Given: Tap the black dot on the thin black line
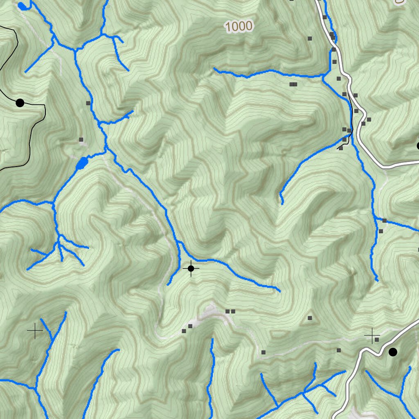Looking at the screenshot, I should pos(20,103).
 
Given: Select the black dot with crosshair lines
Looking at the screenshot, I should pos(191,268).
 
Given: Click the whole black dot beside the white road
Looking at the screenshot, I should pos(393,352).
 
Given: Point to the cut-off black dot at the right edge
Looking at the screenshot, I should pos(418,146).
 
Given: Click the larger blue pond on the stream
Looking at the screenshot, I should pos(82,163).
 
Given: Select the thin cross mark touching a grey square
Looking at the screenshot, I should pos(372,336).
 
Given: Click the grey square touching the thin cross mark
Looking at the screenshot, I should pos(377,339).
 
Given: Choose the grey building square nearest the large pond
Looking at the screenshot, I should pos(81,140).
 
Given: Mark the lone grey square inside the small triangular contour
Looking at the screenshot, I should pos(310,318).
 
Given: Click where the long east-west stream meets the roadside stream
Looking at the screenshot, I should pos(324,76).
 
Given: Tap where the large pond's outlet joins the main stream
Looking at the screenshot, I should pos(106,152).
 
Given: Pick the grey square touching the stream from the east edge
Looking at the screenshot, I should pos(384,221).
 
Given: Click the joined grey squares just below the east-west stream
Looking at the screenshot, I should pos(293,85).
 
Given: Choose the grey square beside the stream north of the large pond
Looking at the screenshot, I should pos(88,103).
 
